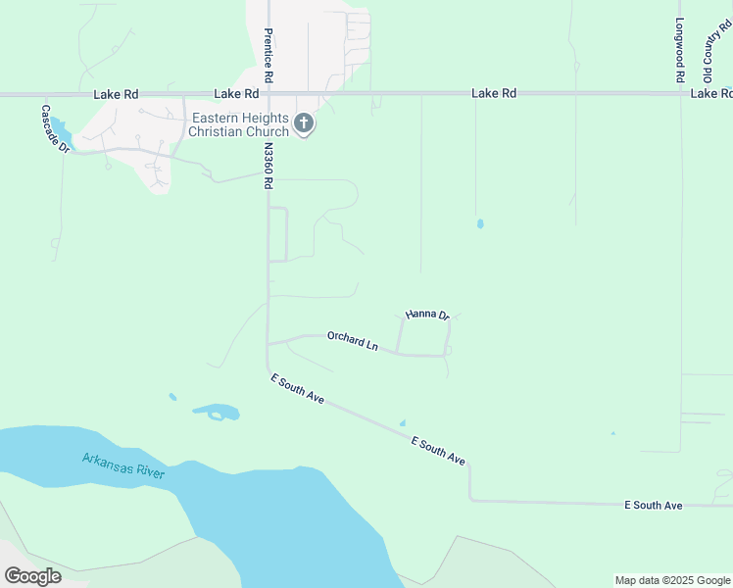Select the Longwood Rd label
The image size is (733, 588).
[x=678, y=50]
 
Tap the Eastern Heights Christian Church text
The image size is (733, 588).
[x=238, y=124]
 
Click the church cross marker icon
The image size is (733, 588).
[x=304, y=123]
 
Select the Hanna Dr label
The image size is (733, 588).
[x=426, y=315]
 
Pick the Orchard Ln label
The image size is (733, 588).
[x=353, y=342]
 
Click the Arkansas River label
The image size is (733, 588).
[x=123, y=465]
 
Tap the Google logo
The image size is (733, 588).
[x=32, y=576]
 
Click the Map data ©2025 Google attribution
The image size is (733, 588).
[x=672, y=580]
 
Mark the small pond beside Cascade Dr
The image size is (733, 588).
[x=60, y=130]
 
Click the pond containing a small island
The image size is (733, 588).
[x=216, y=411]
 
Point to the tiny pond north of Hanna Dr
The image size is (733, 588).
[x=479, y=223]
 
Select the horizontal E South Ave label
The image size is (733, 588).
[x=653, y=505]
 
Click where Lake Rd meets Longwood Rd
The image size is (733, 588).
[x=680, y=94]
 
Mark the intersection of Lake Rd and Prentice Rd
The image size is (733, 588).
[x=268, y=94]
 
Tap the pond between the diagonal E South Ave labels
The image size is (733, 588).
[x=402, y=423]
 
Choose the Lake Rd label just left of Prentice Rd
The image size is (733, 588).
[x=236, y=94]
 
